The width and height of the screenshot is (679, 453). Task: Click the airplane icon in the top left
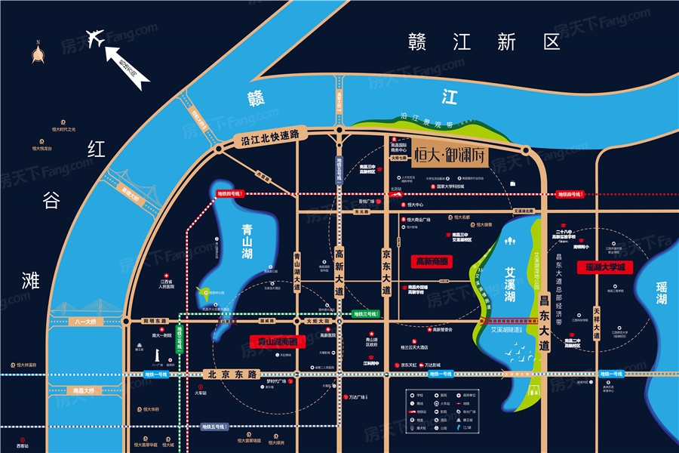tap(96, 39)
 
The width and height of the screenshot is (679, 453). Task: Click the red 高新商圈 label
tap(432, 261)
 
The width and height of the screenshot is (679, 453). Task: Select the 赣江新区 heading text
tap(483, 42)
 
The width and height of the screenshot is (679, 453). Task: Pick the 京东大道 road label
tap(386, 268)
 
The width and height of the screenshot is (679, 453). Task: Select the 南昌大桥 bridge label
tap(84, 390)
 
